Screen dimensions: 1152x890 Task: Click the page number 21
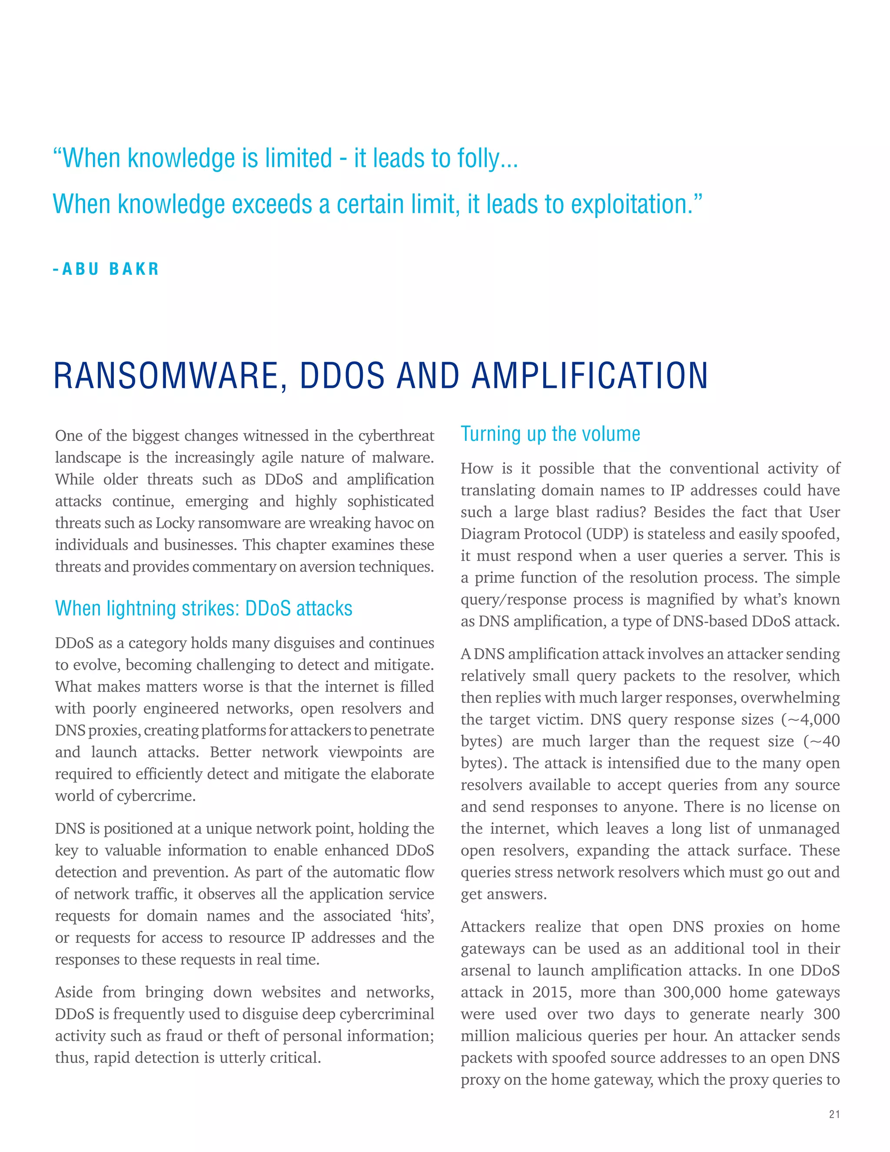(834, 1114)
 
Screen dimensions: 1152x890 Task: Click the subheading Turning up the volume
(551, 434)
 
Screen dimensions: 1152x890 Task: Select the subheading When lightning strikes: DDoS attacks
(203, 609)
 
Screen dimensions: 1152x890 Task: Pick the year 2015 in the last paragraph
(551, 992)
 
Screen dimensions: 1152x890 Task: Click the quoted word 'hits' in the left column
(416, 916)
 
